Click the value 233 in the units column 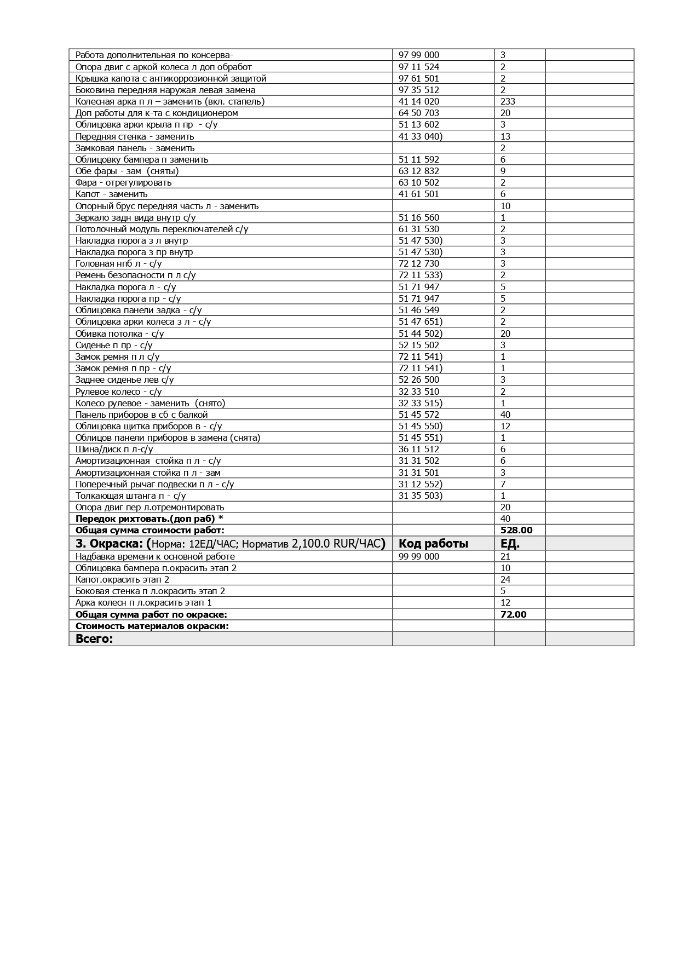pos(508,101)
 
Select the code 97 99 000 pos(419,55)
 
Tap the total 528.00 pos(516,530)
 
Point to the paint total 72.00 pos(514,614)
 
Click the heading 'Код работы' pos(433,544)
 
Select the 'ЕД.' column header pos(510,544)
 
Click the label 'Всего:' pos(94,638)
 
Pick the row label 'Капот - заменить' pos(111,194)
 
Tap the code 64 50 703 pos(419,113)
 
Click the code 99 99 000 pos(419,556)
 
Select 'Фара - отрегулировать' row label pos(123,182)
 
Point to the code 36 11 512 pos(419,449)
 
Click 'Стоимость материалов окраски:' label pos(152,626)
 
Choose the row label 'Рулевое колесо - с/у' pos(118,392)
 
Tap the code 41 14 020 pos(419,101)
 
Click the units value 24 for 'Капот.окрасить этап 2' pos(505,579)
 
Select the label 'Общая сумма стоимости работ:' pos(149,530)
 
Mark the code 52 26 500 pos(419,379)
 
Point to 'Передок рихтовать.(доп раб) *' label pos(149,519)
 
